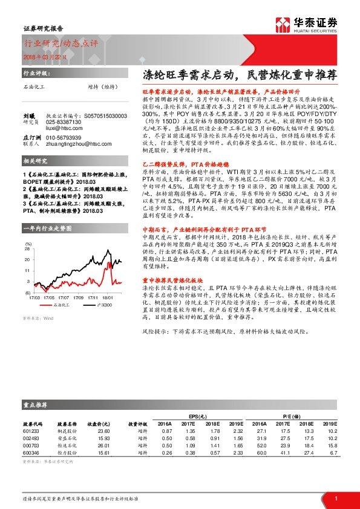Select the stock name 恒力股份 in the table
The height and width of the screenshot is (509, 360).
click(66, 452)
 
